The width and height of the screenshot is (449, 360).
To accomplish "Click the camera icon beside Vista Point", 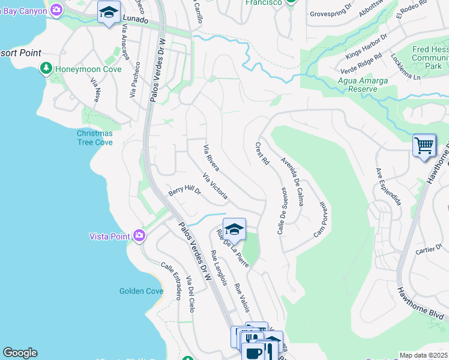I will [139, 236].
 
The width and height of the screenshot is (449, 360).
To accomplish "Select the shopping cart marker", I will [424, 145].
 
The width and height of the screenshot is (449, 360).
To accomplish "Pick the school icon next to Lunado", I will [109, 13].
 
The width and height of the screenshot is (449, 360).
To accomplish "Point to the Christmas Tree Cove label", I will [94, 137].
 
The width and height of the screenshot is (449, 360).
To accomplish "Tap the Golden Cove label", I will [141, 291].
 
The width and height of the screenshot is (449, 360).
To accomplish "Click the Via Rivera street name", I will [211, 157].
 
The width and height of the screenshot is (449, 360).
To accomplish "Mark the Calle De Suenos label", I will [280, 211].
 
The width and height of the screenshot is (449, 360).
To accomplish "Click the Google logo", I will [20, 353].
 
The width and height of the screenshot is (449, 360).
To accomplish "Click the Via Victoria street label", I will [215, 187].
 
